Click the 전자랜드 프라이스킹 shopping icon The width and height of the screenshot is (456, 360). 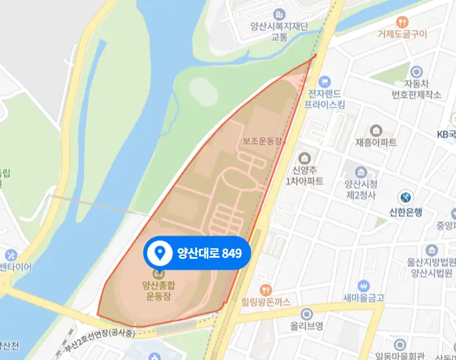[325, 81]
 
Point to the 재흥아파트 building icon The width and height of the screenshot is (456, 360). [376, 130]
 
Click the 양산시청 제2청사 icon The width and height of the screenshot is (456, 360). [361, 172]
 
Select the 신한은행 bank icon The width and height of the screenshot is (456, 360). [405, 197]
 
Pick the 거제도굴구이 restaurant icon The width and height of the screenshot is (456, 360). [402, 20]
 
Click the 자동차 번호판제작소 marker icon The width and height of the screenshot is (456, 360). [416, 71]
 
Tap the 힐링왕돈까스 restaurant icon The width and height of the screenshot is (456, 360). [267, 289]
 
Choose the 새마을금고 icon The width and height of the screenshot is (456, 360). [363, 285]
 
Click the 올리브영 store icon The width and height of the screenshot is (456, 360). [306, 314]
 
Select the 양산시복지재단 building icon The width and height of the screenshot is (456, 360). [279, 14]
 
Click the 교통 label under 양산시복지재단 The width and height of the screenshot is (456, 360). [279, 38]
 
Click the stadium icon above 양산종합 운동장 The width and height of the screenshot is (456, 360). [159, 273]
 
